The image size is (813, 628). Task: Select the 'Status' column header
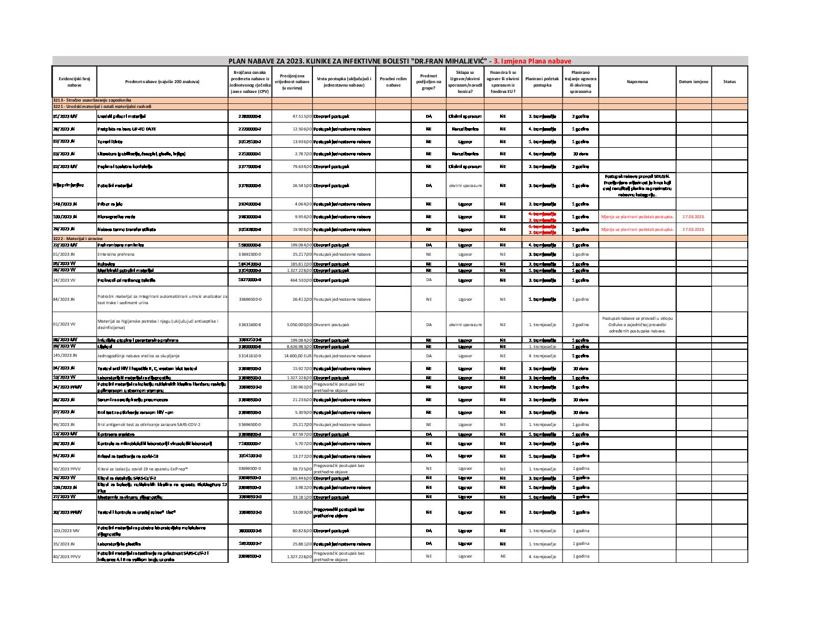coord(729,82)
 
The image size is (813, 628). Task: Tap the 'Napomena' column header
coord(637,82)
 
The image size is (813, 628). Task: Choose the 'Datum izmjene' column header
coord(693,82)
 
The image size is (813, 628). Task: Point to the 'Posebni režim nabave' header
coord(393,82)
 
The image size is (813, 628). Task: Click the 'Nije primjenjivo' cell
coord(68,185)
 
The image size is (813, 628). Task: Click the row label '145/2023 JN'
coord(64,356)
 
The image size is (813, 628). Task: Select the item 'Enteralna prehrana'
coord(116,254)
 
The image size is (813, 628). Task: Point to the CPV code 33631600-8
coord(249,324)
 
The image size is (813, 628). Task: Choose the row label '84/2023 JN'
coord(64,299)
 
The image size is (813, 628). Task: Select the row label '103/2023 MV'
coord(65,530)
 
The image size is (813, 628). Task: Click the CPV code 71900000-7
coord(249,443)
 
